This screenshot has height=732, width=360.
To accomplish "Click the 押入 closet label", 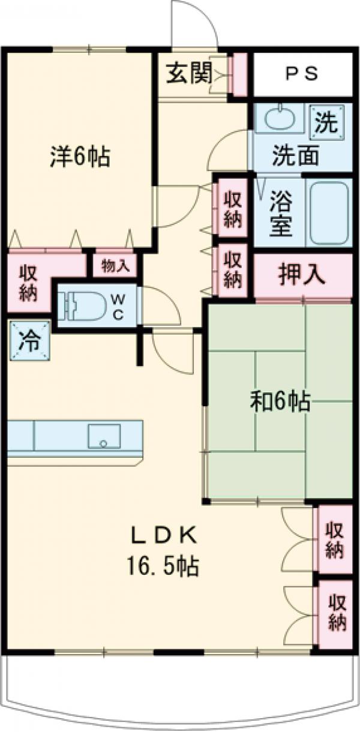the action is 301,275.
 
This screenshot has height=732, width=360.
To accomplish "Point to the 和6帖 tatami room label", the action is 280,401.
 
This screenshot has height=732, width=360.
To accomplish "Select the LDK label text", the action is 164,533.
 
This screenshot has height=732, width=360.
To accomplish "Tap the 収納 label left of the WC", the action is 28,283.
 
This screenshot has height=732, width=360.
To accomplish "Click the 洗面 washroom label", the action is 295,156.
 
